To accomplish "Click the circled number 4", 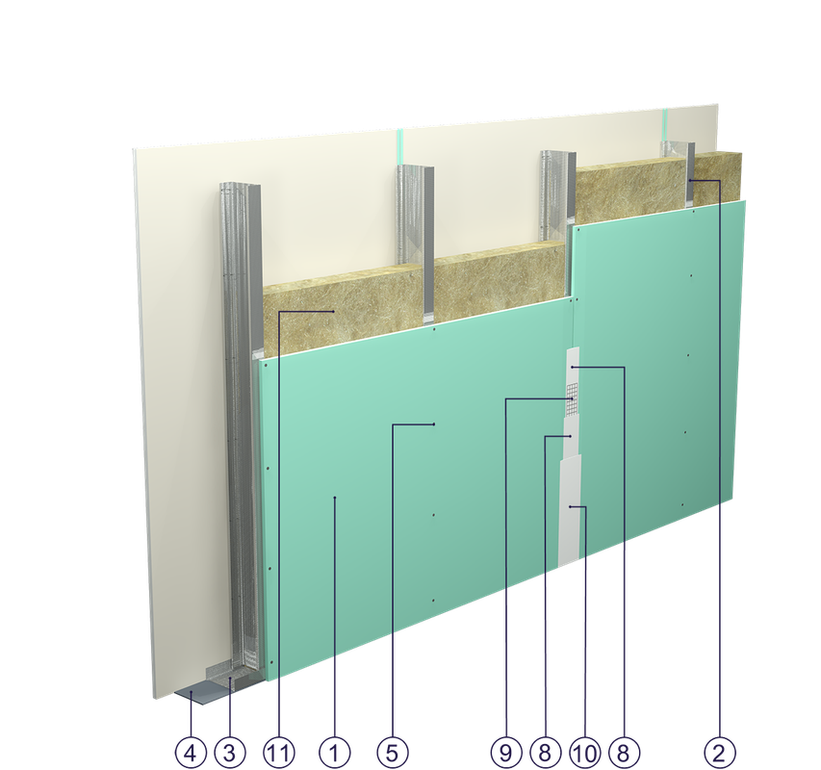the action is pos(191,753).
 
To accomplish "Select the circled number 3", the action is pos(229,753).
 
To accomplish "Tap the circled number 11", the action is pos(278,753).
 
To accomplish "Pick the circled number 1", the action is pos(335,753).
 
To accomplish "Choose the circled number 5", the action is pos(392,753).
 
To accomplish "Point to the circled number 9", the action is pos(506,753).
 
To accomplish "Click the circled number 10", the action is pos(585,753).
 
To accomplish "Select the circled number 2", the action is pos(719,753).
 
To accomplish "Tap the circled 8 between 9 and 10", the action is pos(545,753).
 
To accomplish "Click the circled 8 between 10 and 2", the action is pos(624,753).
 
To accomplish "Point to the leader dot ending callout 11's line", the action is pos(334,312).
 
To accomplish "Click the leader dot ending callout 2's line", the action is pos(691,181).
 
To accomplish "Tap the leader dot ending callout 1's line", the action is pos(335,498).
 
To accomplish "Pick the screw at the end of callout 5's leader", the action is pos(434,424).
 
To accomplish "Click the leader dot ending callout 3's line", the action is pos(230,679).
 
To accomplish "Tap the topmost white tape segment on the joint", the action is pos(573,365).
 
